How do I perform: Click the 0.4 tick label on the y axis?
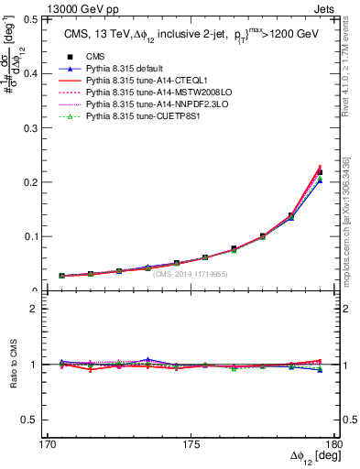click(43, 72)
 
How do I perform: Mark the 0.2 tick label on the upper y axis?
click(43, 181)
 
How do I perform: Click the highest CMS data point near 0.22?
click(320, 172)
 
